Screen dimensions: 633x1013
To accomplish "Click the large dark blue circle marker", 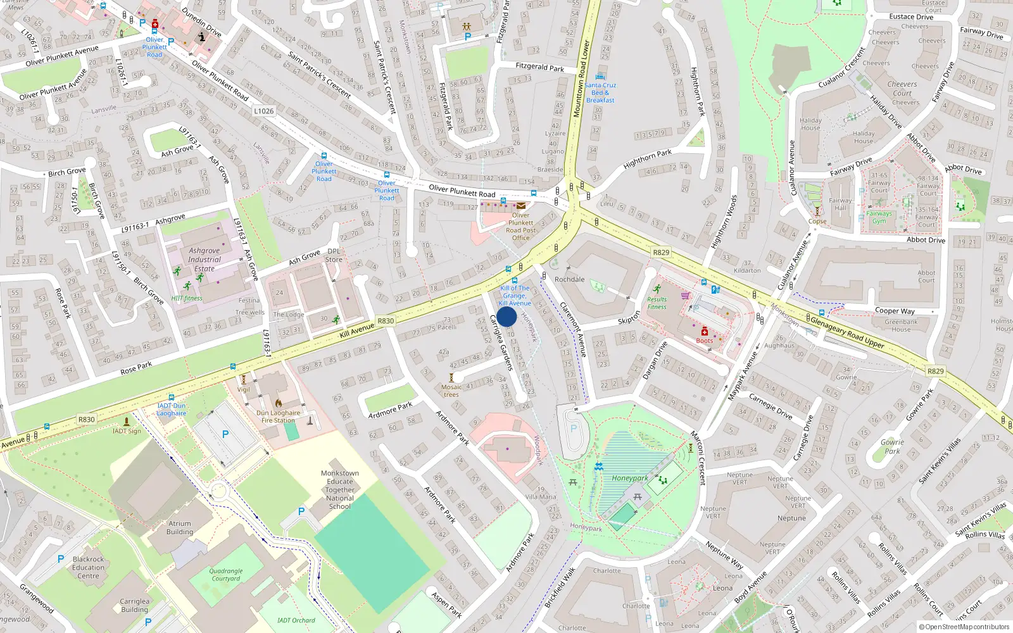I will (x=507, y=316).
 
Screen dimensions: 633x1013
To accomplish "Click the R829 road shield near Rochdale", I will (x=661, y=252).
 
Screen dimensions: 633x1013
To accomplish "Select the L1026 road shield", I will (x=264, y=111).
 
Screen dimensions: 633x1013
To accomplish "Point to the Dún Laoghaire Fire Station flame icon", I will (x=278, y=403).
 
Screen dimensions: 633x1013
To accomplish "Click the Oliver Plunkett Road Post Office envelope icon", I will (x=521, y=206).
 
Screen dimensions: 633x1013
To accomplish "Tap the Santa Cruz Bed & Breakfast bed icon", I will (x=600, y=77).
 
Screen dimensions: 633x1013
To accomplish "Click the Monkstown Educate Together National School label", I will (x=340, y=490).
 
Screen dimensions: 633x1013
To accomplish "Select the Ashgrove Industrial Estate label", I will (x=204, y=260).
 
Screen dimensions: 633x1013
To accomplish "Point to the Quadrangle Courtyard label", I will (x=226, y=575).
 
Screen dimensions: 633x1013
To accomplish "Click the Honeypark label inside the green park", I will (x=629, y=479).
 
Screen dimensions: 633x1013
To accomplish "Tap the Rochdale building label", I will (x=569, y=279).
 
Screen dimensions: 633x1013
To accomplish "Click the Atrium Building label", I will (x=180, y=528).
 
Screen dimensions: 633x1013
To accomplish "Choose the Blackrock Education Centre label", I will (x=88, y=567).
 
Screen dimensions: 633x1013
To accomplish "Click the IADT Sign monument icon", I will (x=127, y=421).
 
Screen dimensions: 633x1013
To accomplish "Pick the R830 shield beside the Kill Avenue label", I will (x=386, y=321).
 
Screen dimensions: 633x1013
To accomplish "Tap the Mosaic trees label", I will (x=451, y=391).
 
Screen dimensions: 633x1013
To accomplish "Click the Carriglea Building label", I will (x=134, y=606).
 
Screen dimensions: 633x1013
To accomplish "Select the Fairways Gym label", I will (x=879, y=217).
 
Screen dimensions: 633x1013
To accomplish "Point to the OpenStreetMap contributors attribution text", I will (x=964, y=627).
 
